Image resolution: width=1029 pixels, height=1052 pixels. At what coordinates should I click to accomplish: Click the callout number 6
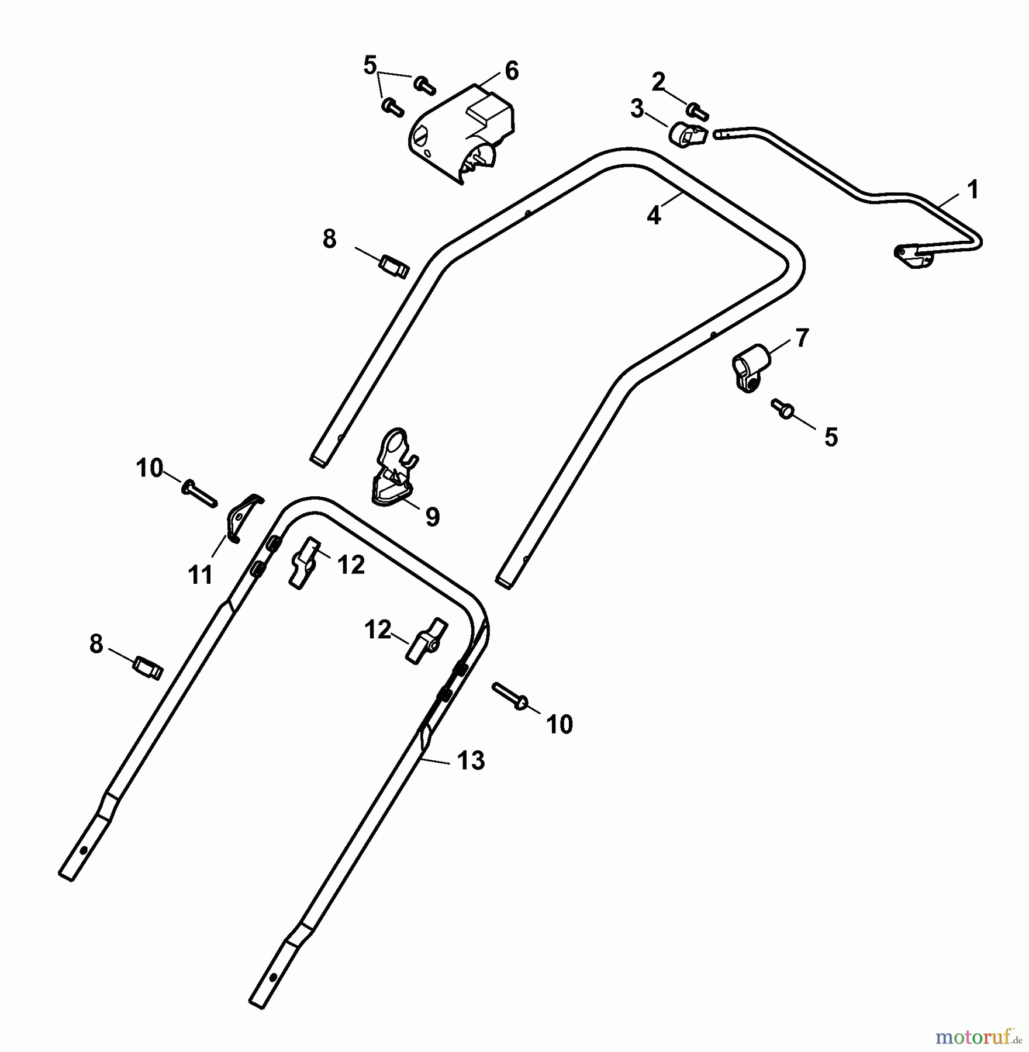tap(512, 71)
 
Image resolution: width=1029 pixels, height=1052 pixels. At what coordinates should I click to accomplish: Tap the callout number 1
tap(972, 190)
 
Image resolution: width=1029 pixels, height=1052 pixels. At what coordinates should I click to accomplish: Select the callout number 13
tap(471, 761)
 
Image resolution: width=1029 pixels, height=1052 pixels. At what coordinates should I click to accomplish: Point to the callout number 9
tap(432, 517)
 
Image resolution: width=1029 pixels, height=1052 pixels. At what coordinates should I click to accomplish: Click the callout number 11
tap(200, 576)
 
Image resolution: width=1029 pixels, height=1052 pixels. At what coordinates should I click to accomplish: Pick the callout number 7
tap(802, 338)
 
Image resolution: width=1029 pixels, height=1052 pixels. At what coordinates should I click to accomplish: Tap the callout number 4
tap(654, 216)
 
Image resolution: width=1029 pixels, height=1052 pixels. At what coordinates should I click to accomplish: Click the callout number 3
tap(637, 109)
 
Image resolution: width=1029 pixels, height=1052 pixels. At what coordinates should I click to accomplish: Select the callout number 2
tap(658, 82)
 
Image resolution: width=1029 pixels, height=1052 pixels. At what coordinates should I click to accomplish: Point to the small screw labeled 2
tap(698, 110)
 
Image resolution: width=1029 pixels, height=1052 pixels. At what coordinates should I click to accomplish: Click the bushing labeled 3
tap(688, 135)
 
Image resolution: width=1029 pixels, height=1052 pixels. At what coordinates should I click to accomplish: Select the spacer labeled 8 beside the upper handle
tap(394, 267)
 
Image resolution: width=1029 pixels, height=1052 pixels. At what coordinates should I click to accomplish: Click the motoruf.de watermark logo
tap(979, 1037)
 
